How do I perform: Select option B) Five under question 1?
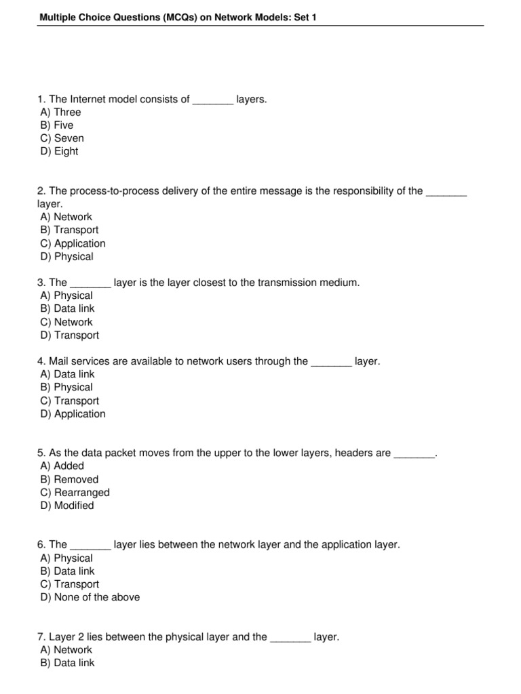57,125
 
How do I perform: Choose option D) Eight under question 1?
59,151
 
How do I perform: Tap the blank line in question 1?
213,100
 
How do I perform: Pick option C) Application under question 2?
73,243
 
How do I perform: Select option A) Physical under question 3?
66,295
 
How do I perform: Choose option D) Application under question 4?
73,414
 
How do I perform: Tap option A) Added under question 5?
62,466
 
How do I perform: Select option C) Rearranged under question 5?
75,493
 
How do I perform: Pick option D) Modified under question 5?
67,506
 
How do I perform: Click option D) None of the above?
90,597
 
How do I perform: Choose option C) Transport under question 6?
69,584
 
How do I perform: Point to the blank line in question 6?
90,546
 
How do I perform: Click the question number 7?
41,637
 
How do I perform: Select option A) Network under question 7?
66,650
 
